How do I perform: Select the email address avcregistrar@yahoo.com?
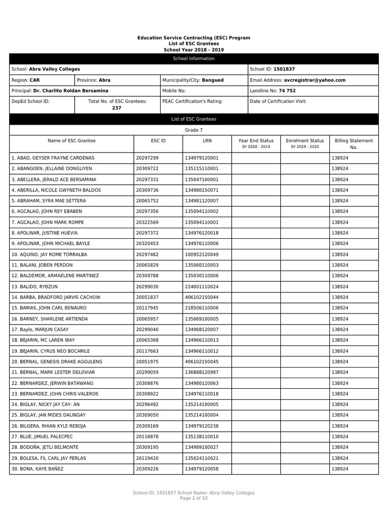pyautogui.click(x=315, y=80)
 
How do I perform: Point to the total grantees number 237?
pyautogui.click(x=117, y=108)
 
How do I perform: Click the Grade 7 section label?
pyautogui.click(x=193, y=130)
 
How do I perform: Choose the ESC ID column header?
pyautogui.click(x=158, y=141)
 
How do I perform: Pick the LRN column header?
pyautogui.click(x=207, y=141)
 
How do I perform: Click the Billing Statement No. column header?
pyautogui.click(x=354, y=144)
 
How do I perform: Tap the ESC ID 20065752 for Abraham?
pyautogui.click(x=147, y=201)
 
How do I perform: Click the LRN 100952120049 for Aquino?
pyautogui.click(x=202, y=254)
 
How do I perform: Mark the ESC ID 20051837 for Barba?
pyautogui.click(x=147, y=297)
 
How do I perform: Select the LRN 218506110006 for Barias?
pyautogui.click(x=202, y=308)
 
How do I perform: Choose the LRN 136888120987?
pyautogui.click(x=202, y=373)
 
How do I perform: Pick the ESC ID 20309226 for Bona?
pyautogui.click(x=147, y=469)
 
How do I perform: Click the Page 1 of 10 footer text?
pyautogui.click(x=193, y=499)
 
